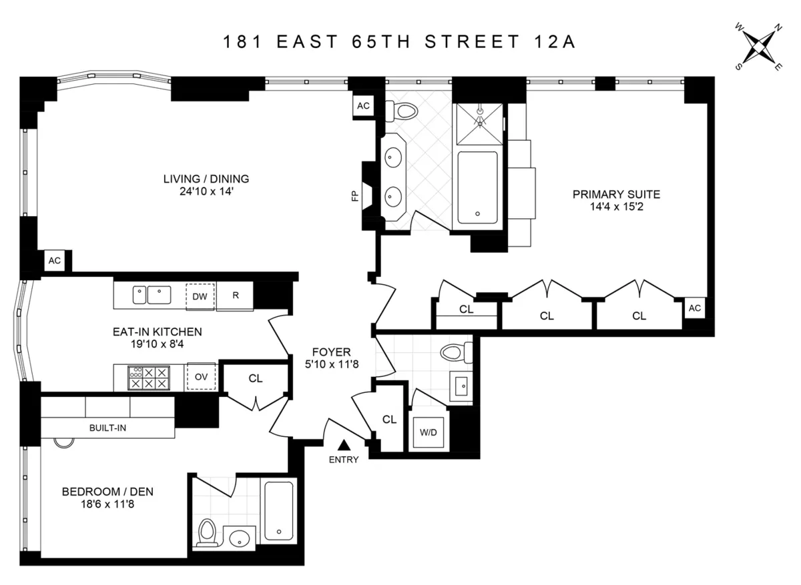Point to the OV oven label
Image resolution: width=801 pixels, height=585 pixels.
pyautogui.click(x=201, y=377)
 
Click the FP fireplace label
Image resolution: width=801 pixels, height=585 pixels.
pyautogui.click(x=355, y=195)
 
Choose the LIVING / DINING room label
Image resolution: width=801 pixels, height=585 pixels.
pyautogui.click(x=206, y=179)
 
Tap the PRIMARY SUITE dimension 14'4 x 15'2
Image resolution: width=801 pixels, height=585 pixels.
pyautogui.click(x=616, y=207)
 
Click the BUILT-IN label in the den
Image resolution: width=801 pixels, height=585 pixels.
pyautogui.click(x=107, y=428)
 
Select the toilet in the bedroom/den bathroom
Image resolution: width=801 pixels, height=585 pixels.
pyautogui.click(x=208, y=532)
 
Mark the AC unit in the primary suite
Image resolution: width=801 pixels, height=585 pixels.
pyautogui.click(x=694, y=308)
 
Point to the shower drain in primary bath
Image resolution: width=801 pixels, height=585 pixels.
pyautogui.click(x=479, y=123)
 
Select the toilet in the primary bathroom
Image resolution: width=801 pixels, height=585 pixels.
pyautogui.click(x=405, y=110)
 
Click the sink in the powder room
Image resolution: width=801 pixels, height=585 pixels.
pyautogui.click(x=461, y=384)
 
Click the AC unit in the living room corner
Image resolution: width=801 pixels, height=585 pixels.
pyautogui.click(x=55, y=261)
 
